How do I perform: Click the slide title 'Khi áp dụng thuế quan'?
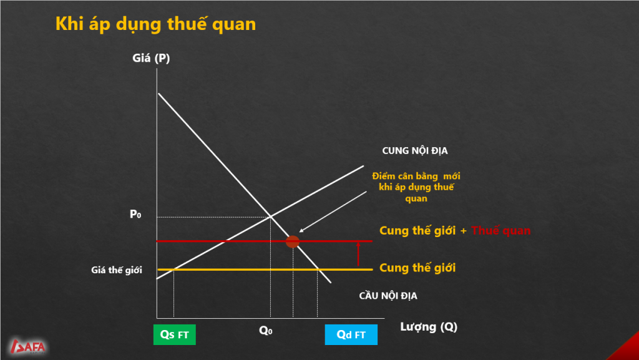point(155,24)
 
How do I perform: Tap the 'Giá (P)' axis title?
point(151,58)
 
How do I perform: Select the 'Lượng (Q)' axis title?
point(429,326)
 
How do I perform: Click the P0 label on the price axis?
point(135,214)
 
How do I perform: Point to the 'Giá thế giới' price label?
point(117,270)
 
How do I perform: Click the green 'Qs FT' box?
point(175,335)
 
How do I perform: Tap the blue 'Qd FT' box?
point(351,335)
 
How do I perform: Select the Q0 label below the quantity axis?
point(266,330)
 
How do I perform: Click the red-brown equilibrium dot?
point(292,241)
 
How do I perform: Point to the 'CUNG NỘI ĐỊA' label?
point(415,151)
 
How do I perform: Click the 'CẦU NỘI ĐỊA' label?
point(388,296)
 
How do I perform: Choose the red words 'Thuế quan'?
point(501,230)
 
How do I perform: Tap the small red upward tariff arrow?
point(358,254)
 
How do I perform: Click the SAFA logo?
point(27,346)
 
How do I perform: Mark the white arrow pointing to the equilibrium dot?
point(333,212)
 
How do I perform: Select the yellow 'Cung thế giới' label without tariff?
point(417,268)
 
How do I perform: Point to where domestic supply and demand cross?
point(271,216)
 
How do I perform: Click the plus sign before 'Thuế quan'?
point(464,231)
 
